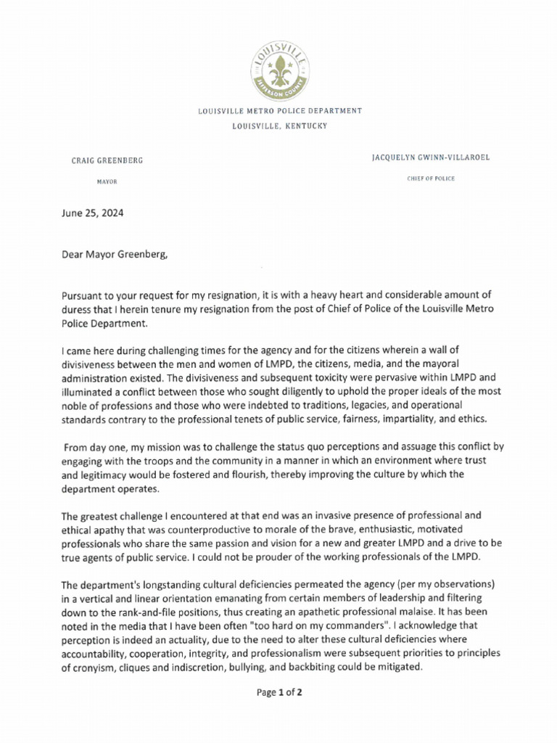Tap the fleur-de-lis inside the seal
pos(279,71)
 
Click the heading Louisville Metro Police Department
pos(279,111)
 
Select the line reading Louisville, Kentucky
pos(279,126)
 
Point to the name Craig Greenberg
pos(107,160)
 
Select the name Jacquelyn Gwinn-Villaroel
pos(431,157)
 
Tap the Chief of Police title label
pos(431,178)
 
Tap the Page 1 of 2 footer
pos(279,693)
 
